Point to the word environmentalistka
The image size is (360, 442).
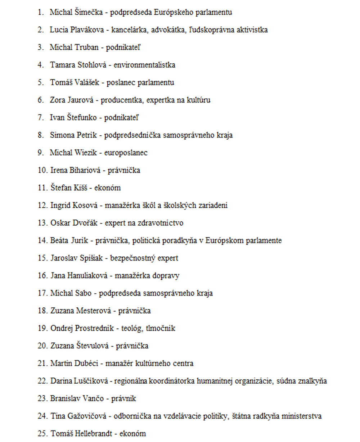point(144,65)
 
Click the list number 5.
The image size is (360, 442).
point(40,82)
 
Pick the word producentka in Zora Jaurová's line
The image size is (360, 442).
point(122,100)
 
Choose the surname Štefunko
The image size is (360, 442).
point(81,118)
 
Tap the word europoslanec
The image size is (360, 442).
point(126,153)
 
